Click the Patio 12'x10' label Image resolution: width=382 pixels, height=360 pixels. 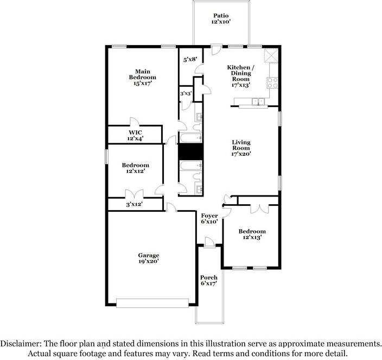[221, 18]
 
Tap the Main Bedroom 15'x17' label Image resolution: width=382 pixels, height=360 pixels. [143, 77]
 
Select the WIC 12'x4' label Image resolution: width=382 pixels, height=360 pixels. [135, 136]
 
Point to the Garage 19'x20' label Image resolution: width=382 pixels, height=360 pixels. [149, 258]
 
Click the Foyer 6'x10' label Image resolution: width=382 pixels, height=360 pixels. [209, 219]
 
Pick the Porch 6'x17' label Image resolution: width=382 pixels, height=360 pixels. [209, 280]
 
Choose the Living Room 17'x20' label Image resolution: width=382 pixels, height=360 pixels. [241, 148]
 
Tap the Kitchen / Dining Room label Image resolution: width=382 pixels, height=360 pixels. [239, 73]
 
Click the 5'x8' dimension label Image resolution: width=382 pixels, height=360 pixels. [190, 59]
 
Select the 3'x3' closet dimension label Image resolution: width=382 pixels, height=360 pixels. [186, 93]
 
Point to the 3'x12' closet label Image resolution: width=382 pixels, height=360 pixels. [134, 204]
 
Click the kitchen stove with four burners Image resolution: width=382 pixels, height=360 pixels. [272, 83]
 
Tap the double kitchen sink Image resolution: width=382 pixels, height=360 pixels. [258, 101]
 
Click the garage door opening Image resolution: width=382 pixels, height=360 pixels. [152, 303]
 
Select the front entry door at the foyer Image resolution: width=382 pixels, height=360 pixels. [209, 242]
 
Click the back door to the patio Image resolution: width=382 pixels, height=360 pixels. [217, 49]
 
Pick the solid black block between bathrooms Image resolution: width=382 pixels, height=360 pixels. [191, 151]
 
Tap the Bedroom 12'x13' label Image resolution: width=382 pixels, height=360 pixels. [252, 234]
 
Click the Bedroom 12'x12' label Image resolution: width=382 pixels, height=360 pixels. [136, 168]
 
